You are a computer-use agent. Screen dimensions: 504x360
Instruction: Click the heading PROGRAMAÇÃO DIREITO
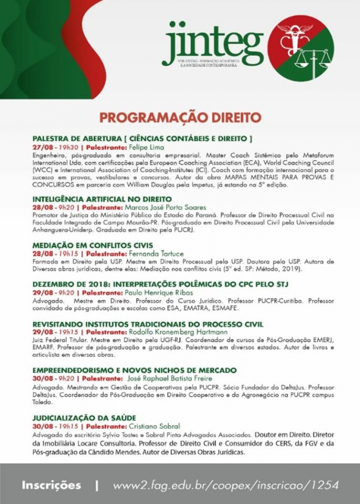click(180, 117)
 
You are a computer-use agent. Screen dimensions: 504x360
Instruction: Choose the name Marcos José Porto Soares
click(165, 207)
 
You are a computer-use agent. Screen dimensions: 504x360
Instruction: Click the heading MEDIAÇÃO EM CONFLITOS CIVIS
click(90, 245)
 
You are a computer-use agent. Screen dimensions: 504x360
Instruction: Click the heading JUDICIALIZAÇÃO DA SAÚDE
click(84, 418)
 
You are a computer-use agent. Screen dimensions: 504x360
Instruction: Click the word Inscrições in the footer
click(51, 486)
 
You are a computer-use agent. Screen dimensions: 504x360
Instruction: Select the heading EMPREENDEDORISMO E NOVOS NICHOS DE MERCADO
click(135, 370)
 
